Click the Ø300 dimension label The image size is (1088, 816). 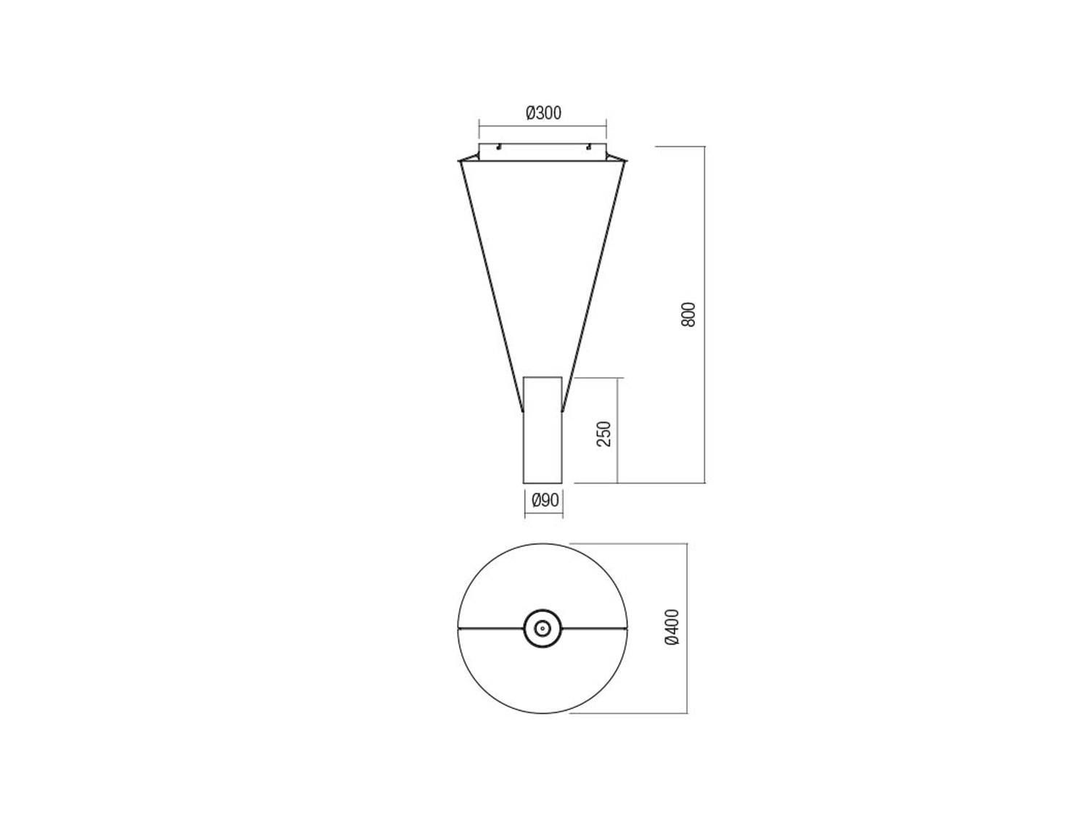(x=544, y=113)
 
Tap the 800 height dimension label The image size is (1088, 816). (x=688, y=314)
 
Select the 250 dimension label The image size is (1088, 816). (x=603, y=434)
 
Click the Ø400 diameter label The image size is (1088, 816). (x=672, y=627)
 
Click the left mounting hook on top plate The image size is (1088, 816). (x=498, y=147)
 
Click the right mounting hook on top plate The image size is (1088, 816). (x=588, y=147)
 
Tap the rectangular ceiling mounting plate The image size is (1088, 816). (x=543, y=152)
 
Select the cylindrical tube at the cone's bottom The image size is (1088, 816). (x=543, y=429)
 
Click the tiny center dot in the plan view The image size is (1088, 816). (x=543, y=629)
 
